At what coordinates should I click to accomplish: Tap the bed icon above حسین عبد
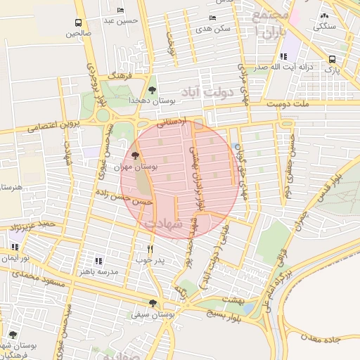pyautogui.click(x=122, y=11)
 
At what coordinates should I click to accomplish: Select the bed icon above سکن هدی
pyautogui.click(x=212, y=18)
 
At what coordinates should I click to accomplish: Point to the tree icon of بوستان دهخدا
pyautogui.click(x=153, y=89)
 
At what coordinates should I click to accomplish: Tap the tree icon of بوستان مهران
pyautogui.click(x=136, y=155)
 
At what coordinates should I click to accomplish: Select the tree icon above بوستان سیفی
pyautogui.click(x=153, y=303)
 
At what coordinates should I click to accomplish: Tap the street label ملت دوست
pyautogui.click(x=286, y=103)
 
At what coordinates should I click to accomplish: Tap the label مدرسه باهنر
pyautogui.click(x=98, y=271)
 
